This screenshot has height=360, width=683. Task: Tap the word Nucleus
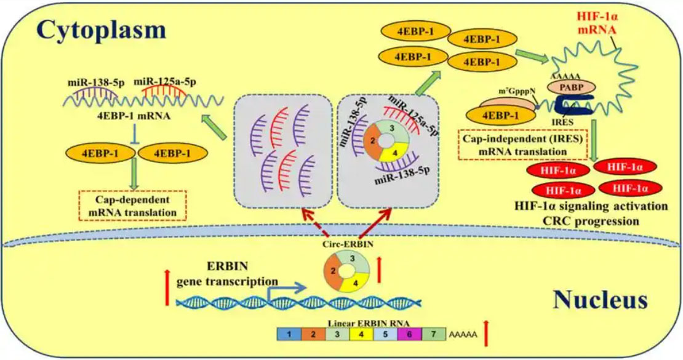coord(600,300)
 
